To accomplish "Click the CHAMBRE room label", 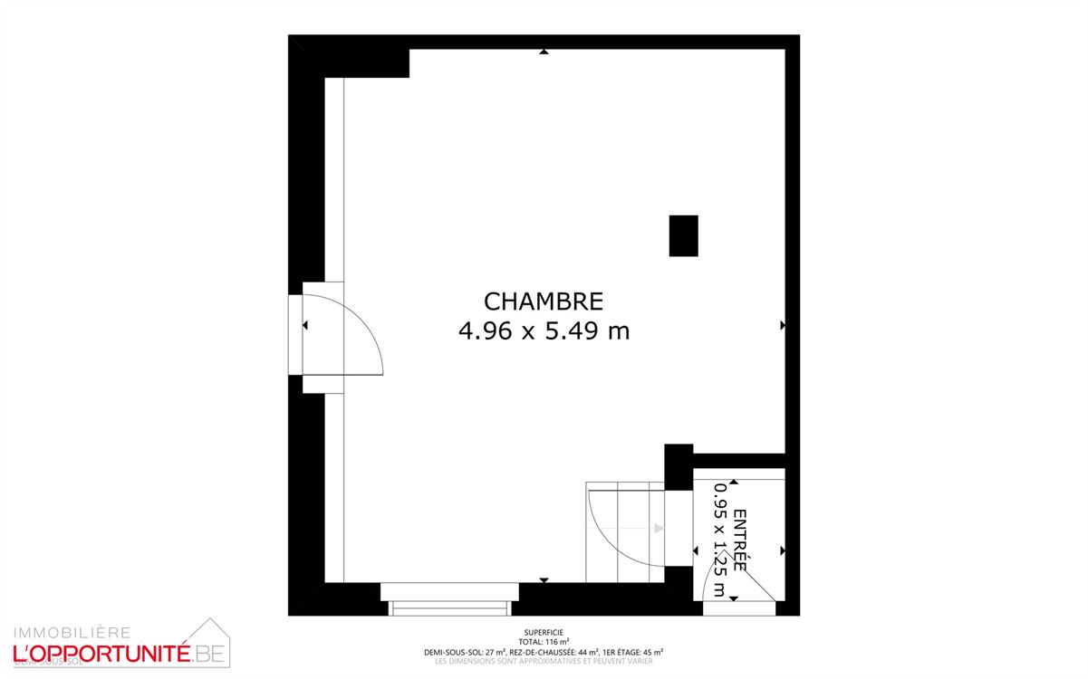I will tap(544, 301).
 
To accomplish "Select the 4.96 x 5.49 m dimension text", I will tap(544, 331).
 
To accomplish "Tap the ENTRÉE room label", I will tap(739, 540).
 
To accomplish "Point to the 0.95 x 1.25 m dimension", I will tap(719, 540).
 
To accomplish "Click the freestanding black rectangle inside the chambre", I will tap(683, 235).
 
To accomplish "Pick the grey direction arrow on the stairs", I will tap(658, 528).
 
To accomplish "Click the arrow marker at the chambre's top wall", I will tap(544, 52).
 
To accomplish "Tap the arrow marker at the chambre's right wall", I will tap(782, 324).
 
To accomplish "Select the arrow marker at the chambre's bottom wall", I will tap(544, 579).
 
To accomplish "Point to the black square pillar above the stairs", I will tap(679, 465).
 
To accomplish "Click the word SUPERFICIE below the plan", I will tap(544, 633).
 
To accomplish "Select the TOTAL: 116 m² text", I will tap(544, 642).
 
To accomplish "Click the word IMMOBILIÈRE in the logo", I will tap(71, 632).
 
